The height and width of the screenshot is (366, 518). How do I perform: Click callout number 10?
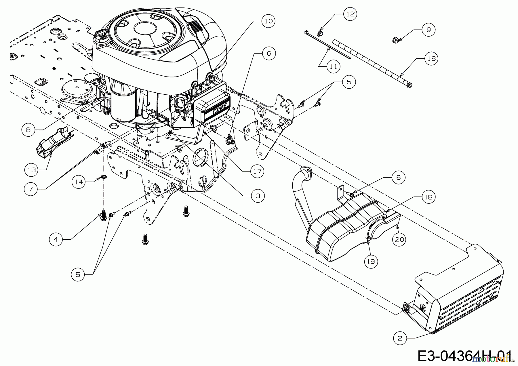[268, 21]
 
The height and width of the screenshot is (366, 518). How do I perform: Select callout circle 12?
[350, 14]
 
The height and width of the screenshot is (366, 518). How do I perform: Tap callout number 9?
[429, 29]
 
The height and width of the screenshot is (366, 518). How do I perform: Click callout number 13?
[32, 170]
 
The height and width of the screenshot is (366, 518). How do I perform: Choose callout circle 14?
[79, 182]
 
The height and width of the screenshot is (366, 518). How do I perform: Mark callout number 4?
[56, 239]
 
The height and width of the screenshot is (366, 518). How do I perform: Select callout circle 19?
[371, 261]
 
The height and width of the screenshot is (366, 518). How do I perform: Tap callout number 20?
[399, 239]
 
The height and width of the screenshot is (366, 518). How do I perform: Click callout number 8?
[28, 130]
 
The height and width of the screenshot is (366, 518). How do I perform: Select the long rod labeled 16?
[373, 63]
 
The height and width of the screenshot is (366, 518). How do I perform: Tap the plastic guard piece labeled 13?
[55, 141]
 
